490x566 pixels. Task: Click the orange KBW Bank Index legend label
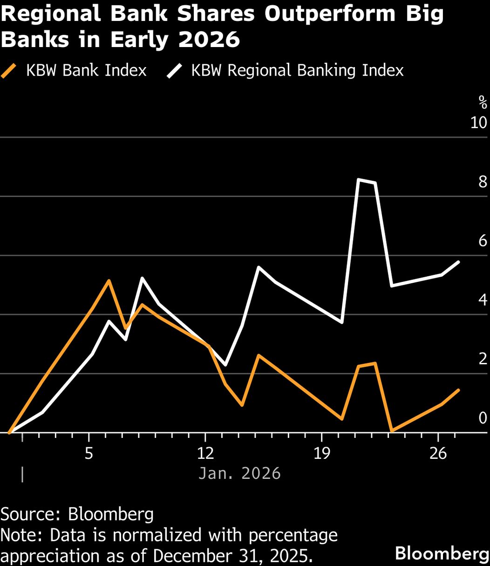(x=86, y=70)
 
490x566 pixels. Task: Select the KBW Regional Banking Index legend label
(x=297, y=70)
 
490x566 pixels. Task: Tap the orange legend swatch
(x=9, y=71)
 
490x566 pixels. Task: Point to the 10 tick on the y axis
(x=478, y=123)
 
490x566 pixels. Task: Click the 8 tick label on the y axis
(x=483, y=182)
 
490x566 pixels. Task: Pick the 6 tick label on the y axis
(x=483, y=241)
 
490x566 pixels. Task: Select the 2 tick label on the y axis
(x=483, y=359)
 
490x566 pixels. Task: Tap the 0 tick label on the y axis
(x=483, y=418)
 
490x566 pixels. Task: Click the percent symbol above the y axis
(x=483, y=101)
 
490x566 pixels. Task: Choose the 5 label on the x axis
(x=88, y=453)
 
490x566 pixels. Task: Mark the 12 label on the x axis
(x=205, y=453)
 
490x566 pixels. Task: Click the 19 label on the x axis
(x=322, y=453)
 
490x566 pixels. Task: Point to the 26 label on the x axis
(x=438, y=453)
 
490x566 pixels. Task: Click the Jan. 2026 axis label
(x=239, y=473)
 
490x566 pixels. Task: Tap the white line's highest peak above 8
(x=358, y=179)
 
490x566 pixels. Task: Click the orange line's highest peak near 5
(x=109, y=280)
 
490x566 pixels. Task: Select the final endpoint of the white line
(x=459, y=262)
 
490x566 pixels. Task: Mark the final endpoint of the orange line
(x=459, y=390)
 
